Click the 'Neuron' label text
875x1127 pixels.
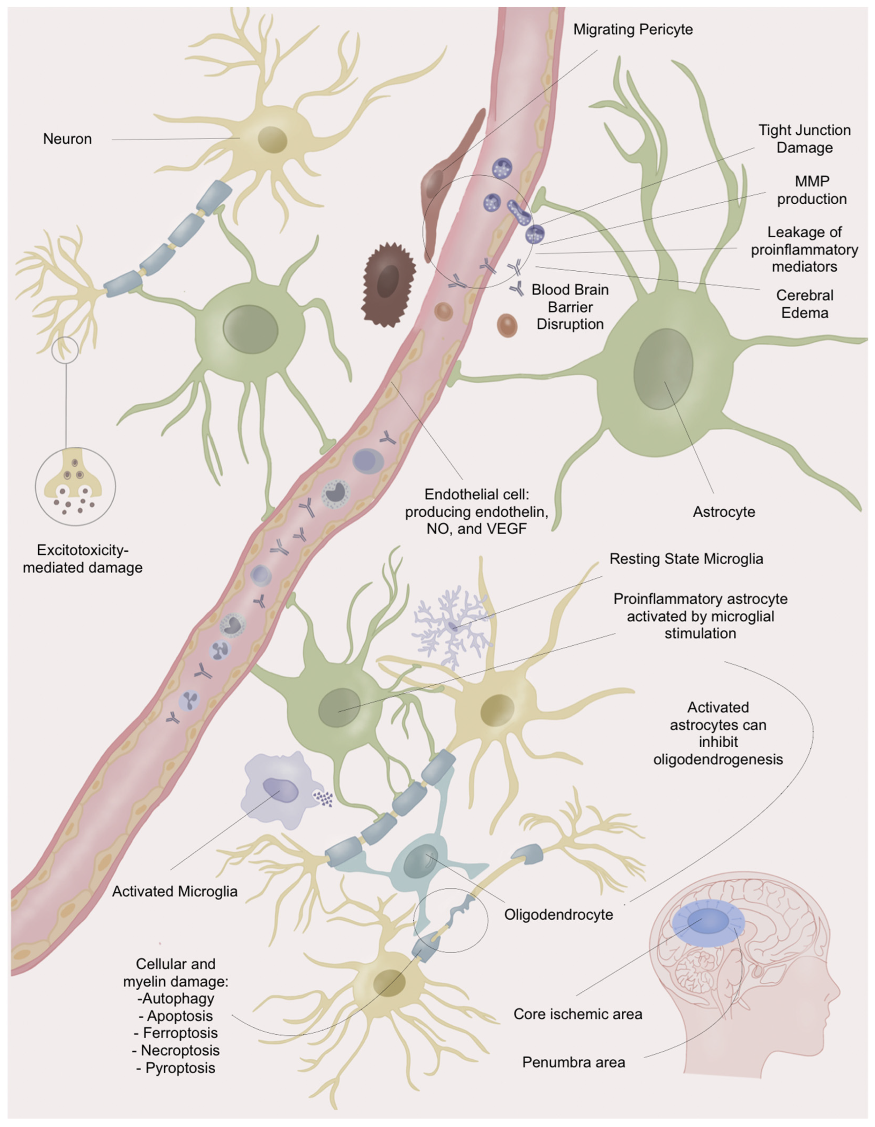[x=67, y=139]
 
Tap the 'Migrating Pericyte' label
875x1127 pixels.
[x=633, y=29]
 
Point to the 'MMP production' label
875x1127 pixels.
[x=812, y=190]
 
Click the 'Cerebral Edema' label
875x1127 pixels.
[x=804, y=304]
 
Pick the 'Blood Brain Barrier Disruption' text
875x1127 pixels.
[x=570, y=307]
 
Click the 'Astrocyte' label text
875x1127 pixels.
[x=724, y=512]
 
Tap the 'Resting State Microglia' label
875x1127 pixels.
[x=686, y=559]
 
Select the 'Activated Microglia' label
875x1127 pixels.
[x=174, y=891]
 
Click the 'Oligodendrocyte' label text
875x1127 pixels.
[x=559, y=914]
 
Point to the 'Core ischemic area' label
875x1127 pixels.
[x=578, y=1014]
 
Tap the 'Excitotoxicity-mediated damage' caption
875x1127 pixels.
[x=83, y=559]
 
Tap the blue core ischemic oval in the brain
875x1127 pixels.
[x=702, y=922]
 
